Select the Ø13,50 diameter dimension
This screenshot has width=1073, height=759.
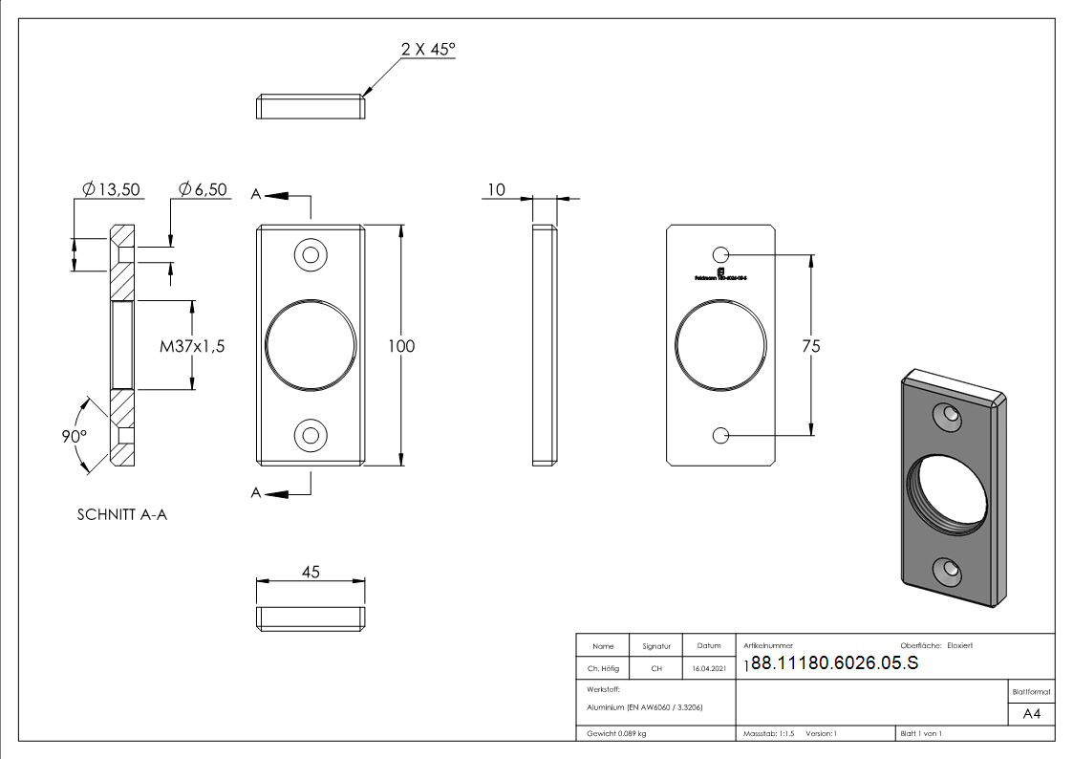click(112, 189)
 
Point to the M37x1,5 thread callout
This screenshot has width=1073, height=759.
click(192, 346)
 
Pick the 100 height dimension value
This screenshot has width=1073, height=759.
click(401, 346)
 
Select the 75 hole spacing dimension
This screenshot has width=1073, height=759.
click(810, 346)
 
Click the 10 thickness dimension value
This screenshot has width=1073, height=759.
click(495, 189)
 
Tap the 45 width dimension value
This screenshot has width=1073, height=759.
click(311, 572)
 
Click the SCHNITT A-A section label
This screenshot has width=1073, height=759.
click(122, 514)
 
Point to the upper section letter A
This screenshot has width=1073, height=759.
click(256, 195)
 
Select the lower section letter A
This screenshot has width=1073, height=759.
click(256, 492)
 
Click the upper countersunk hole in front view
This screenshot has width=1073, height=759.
click(310, 255)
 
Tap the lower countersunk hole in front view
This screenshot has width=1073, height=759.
click(310, 436)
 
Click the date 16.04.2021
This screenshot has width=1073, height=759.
click(709, 669)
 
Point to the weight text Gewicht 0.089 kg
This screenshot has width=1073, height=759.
click(617, 733)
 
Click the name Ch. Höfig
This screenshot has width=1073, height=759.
click(603, 669)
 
